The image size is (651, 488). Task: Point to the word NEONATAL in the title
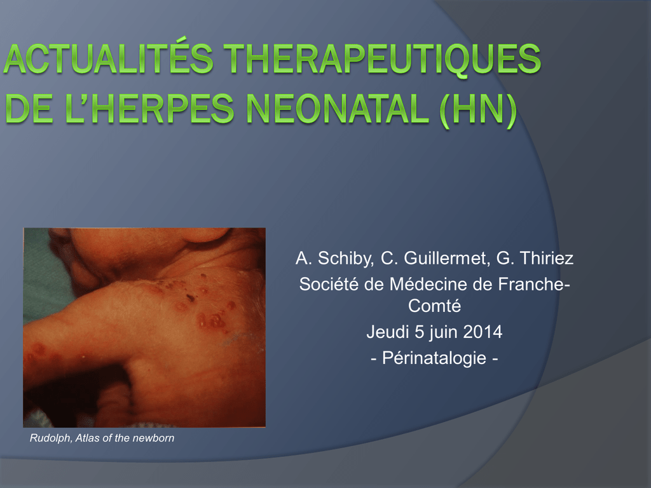point(338,109)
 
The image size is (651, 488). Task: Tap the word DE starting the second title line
point(29,109)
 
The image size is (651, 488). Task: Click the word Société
point(329,284)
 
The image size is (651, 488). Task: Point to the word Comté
point(434,306)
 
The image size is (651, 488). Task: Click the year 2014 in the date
point(483,332)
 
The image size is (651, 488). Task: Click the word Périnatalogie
point(434,358)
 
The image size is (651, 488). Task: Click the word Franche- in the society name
point(534,284)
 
